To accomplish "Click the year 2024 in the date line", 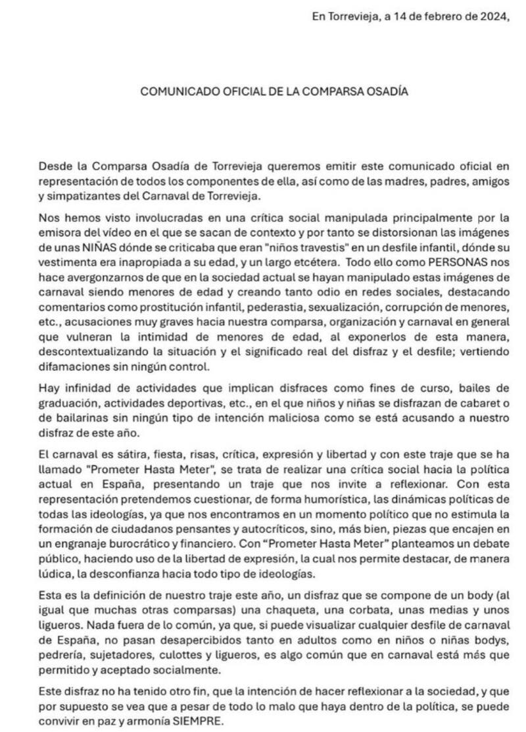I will click(x=496, y=17).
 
